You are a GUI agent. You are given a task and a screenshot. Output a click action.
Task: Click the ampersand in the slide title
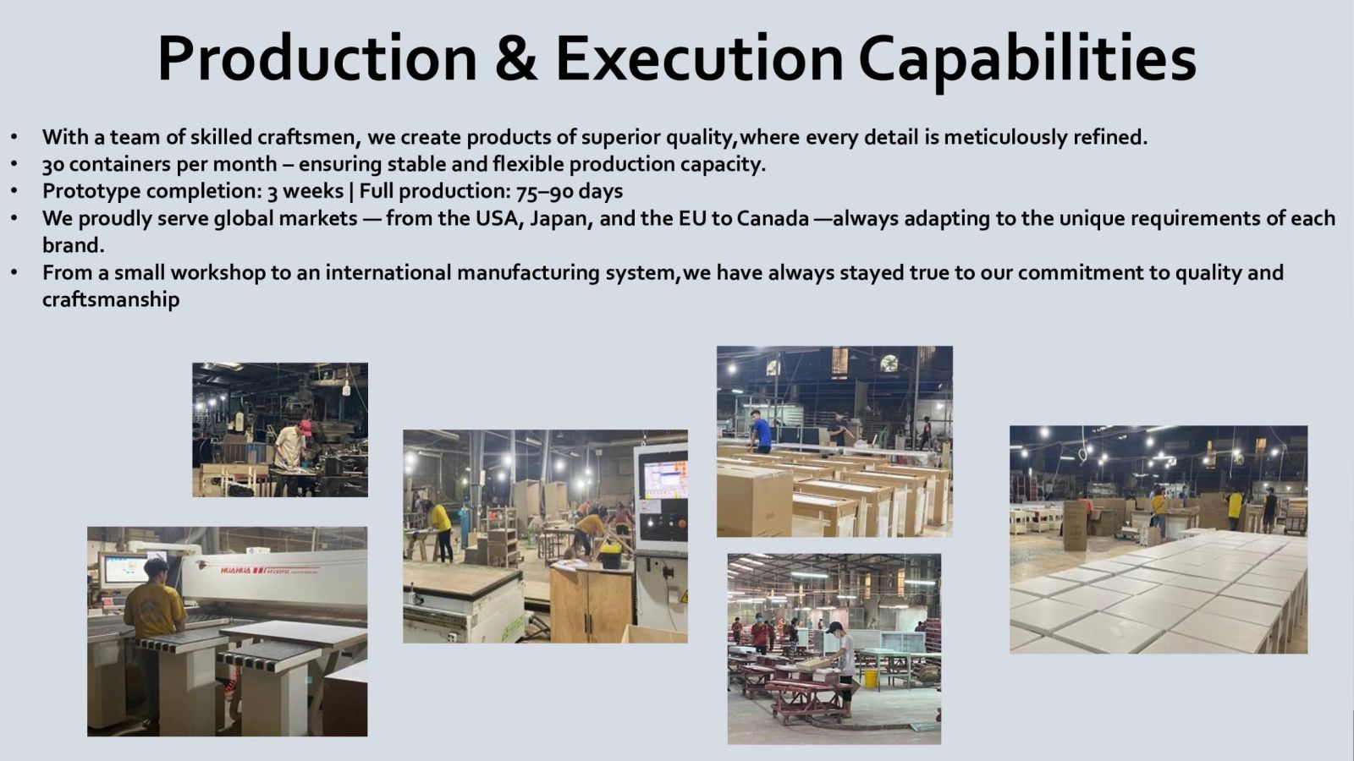pyautogui.click(x=515, y=58)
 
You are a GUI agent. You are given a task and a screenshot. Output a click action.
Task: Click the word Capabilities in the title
pyautogui.click(x=1027, y=60)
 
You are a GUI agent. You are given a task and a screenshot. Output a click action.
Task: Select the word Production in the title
pyautogui.click(x=317, y=58)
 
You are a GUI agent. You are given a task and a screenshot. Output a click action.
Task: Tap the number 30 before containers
pyautogui.click(x=53, y=164)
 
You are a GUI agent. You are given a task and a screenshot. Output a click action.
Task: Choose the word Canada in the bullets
pyautogui.click(x=773, y=218)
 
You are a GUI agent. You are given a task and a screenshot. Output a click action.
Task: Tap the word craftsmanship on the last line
pyautogui.click(x=111, y=299)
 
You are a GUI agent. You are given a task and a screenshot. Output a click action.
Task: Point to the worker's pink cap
pyautogui.click(x=305, y=427)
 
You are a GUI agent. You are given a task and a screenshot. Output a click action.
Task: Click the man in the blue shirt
pyautogui.click(x=761, y=431)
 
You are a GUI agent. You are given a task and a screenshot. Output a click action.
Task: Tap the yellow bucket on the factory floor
pyautogui.click(x=871, y=678)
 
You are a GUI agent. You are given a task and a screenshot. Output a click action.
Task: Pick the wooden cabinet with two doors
pyautogui.click(x=592, y=604)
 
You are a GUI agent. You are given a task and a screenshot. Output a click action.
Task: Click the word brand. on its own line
pyautogui.click(x=73, y=245)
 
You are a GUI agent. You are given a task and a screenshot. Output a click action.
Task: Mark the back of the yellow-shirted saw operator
pyautogui.click(x=154, y=609)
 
